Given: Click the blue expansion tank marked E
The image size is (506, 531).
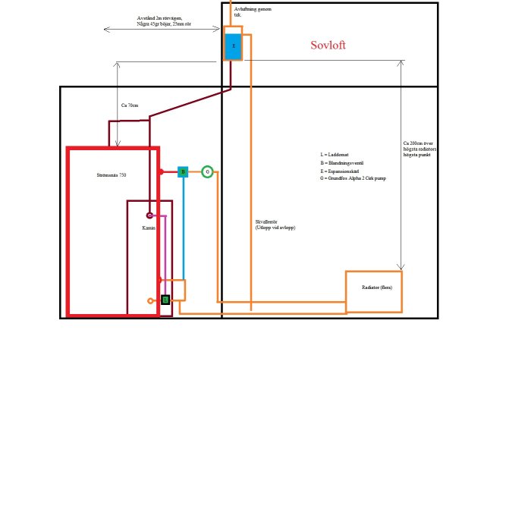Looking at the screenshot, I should [233, 46].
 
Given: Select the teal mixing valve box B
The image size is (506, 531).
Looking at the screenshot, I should [183, 172].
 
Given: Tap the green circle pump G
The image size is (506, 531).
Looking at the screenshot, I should [207, 172].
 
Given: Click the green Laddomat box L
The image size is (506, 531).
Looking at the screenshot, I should [165, 300].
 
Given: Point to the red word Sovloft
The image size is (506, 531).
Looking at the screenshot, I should [328, 46].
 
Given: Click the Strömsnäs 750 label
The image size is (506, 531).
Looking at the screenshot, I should [112, 175].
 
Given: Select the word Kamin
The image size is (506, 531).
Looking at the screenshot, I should [149, 228].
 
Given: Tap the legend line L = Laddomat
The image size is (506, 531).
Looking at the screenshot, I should [335, 155].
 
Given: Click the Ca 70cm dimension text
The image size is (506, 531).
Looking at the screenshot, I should [130, 105].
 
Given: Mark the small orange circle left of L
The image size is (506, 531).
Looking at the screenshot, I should [151, 301].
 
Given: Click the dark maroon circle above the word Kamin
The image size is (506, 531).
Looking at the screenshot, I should [150, 215].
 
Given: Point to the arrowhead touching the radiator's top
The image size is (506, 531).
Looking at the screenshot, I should [402, 268].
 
